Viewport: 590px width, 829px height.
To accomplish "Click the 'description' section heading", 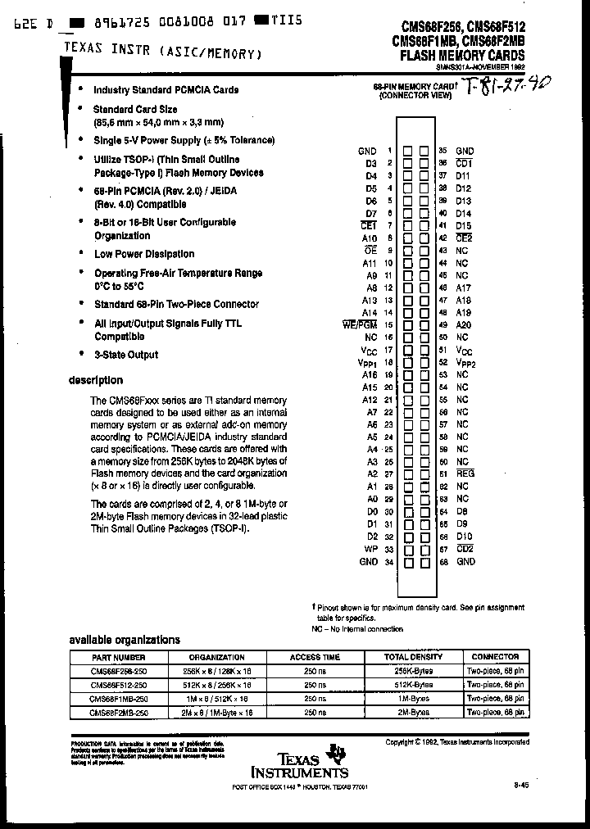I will point(95,380).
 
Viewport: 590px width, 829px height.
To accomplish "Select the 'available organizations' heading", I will point(112,640).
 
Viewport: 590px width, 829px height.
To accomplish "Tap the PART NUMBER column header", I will point(119,657).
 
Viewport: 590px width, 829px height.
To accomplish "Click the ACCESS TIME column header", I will point(315,657).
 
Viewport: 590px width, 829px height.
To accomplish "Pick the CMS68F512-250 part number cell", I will point(119,685).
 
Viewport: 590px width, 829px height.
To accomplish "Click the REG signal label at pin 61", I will point(465,473).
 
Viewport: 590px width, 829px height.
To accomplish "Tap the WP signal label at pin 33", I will point(370,549).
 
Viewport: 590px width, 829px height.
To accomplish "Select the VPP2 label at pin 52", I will point(465,361).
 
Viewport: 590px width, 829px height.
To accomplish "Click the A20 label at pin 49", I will point(464,324).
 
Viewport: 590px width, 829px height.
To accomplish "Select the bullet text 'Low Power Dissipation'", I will point(144,254).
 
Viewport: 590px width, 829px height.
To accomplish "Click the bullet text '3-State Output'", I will point(126,355).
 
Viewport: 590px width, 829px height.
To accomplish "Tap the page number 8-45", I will point(521,785).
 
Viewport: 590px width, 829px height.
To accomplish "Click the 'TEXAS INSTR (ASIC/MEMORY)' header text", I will point(163,52).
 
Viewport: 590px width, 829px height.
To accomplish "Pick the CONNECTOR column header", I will point(495,657).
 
